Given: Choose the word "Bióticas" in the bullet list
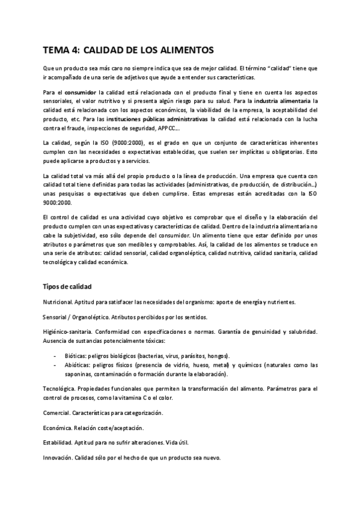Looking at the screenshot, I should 76,355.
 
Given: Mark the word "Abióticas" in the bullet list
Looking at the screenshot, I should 78,365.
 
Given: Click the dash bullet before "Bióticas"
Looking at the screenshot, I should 55,355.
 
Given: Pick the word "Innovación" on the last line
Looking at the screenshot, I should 58,457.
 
